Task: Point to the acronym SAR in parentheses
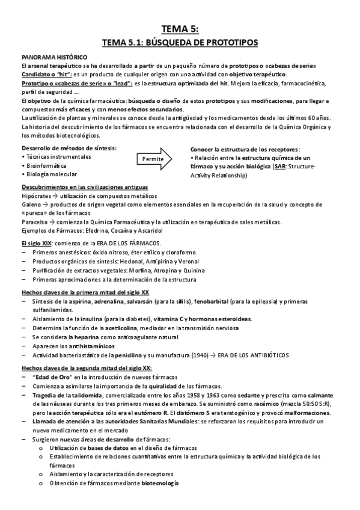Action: pyautogui.click(x=279, y=166)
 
